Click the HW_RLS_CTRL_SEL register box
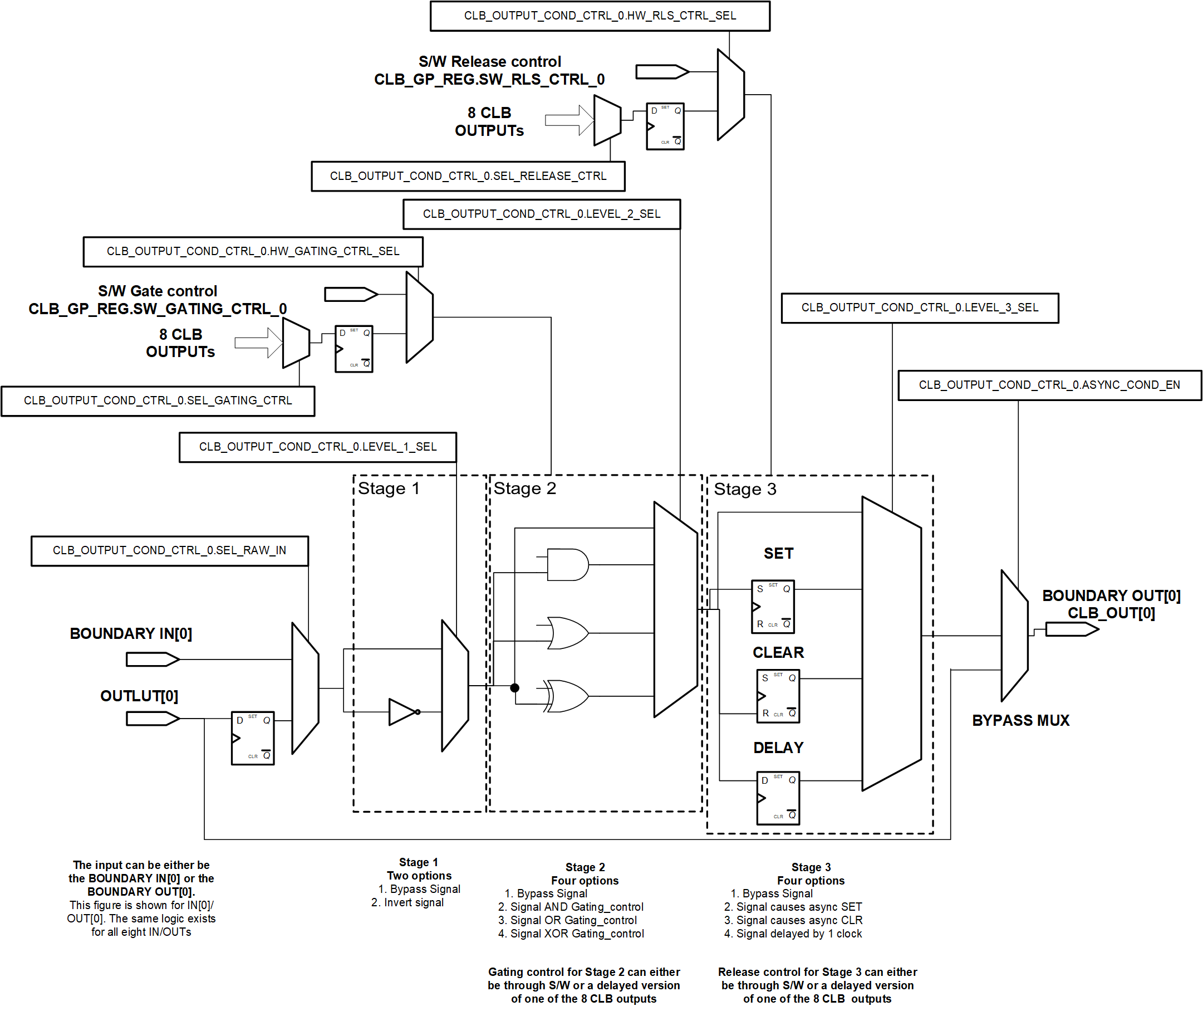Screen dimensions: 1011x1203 pyautogui.click(x=600, y=16)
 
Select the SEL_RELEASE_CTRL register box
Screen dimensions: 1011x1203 pyautogui.click(x=468, y=176)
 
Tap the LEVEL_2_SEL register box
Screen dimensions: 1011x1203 pyautogui.click(x=541, y=214)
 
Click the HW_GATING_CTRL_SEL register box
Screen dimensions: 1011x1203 pyautogui.click(x=253, y=251)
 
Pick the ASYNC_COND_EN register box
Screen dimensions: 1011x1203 pyautogui.click(x=1049, y=384)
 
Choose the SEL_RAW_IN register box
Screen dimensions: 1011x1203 pyautogui.click(x=170, y=550)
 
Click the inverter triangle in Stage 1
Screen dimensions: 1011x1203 pyautogui.click(x=402, y=711)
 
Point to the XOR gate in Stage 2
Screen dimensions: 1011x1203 pyautogui.click(x=567, y=696)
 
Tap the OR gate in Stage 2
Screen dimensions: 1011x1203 pyautogui.click(x=567, y=633)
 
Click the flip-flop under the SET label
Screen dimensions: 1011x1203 pyautogui.click(x=772, y=607)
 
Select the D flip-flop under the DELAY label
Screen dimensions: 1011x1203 pyautogui.click(x=777, y=797)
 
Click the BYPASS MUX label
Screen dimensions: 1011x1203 pyautogui.click(x=1020, y=720)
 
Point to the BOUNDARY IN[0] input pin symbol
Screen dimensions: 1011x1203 pyautogui.click(x=153, y=659)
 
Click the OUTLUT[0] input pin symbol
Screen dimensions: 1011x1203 pyautogui.click(x=153, y=718)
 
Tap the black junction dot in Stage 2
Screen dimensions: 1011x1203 pyautogui.click(x=514, y=688)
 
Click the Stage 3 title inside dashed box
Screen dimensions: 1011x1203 pyautogui.click(x=745, y=489)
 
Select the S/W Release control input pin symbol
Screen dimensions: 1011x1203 pyautogui.click(x=662, y=72)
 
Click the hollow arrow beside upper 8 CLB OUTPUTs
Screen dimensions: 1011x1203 pyautogui.click(x=568, y=120)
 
